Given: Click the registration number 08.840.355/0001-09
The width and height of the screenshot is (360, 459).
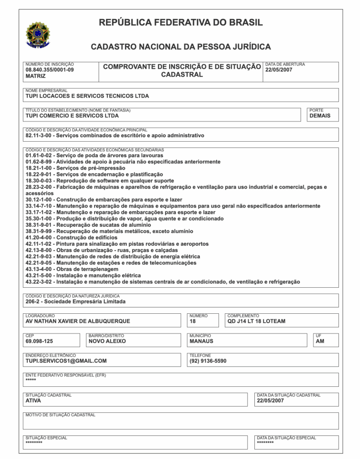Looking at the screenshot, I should tap(50, 70).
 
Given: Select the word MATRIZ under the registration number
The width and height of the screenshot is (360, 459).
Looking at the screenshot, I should tap(36, 76).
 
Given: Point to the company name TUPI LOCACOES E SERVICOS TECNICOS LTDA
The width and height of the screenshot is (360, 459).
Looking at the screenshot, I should tap(87, 96).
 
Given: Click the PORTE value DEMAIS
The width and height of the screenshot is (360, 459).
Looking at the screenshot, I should tap(320, 116).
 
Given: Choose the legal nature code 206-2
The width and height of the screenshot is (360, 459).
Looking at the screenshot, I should tap(34, 302).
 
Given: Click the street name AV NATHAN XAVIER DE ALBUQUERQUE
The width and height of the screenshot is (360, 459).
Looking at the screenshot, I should tap(78, 321).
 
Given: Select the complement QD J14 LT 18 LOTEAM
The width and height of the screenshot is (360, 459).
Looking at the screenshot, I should tap(256, 321).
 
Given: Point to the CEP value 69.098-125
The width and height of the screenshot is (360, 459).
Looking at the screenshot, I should tap(39, 341).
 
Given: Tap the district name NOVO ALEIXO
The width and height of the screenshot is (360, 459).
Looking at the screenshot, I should tap(107, 341).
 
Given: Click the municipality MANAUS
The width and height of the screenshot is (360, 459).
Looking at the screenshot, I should tap(201, 341).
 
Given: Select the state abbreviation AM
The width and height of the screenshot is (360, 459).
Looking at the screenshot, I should tap(320, 341).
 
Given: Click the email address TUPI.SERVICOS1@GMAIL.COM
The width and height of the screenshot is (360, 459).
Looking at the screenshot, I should tap(66, 361).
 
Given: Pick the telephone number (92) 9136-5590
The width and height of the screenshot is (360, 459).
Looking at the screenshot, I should tap(208, 361).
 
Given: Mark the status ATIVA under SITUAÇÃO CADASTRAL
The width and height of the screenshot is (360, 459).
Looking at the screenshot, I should tap(34, 401).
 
